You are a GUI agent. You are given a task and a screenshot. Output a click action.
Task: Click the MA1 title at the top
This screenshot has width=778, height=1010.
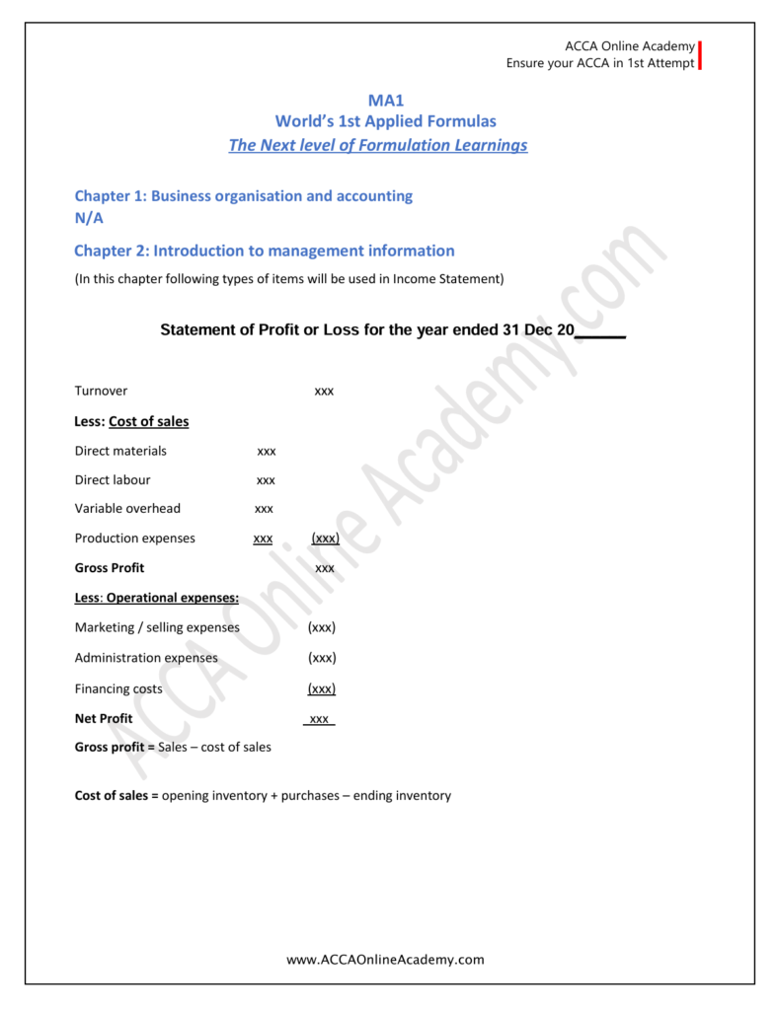(x=386, y=100)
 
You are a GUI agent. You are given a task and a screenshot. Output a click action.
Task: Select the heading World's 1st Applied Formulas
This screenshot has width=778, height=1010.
(x=385, y=121)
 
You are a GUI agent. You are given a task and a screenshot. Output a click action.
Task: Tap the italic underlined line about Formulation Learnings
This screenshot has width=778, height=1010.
(x=378, y=145)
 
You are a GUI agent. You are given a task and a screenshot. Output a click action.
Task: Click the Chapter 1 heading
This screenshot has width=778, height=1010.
(x=244, y=195)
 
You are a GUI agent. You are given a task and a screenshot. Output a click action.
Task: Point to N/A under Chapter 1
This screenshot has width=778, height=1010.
(x=89, y=218)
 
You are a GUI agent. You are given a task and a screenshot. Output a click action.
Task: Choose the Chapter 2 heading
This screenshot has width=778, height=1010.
(x=265, y=251)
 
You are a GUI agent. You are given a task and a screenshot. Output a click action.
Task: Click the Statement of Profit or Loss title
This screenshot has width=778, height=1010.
(x=393, y=329)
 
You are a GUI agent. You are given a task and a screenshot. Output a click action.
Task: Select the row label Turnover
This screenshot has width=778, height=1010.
(x=101, y=391)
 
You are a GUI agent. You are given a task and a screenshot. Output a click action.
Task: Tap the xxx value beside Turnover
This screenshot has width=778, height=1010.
(x=324, y=392)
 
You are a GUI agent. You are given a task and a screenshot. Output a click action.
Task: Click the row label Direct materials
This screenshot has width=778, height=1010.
(x=120, y=451)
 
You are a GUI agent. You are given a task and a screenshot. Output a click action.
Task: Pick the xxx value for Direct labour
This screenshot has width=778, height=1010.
(x=266, y=480)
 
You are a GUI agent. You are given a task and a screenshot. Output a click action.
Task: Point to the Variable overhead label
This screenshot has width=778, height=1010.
(x=127, y=509)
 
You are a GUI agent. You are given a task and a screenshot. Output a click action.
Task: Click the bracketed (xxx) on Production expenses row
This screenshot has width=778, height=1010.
(x=325, y=539)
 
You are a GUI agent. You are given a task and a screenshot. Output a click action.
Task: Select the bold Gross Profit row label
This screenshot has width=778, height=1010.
(x=110, y=568)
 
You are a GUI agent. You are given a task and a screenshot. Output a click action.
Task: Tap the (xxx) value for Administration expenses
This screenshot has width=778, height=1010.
(x=322, y=658)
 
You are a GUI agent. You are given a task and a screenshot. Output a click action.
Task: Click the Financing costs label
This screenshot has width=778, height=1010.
(x=118, y=688)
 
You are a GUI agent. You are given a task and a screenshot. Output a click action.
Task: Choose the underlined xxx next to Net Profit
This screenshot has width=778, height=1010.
(x=319, y=719)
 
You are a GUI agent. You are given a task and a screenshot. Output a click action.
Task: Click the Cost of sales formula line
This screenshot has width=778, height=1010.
(x=263, y=795)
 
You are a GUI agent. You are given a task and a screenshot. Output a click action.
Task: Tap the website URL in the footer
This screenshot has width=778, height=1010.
(x=385, y=959)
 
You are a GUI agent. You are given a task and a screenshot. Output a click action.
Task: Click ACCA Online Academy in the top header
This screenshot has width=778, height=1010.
(x=629, y=46)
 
